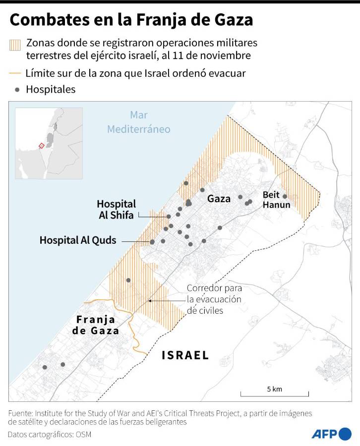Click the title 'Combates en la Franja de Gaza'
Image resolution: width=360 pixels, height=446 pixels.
coord(131,20)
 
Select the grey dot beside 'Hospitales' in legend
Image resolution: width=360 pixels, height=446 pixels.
coord(18,90)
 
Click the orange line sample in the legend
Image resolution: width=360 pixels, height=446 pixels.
coord(15,73)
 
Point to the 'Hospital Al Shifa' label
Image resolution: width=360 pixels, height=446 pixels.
coord(116,209)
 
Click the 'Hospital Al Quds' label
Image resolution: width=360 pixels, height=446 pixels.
coord(78,240)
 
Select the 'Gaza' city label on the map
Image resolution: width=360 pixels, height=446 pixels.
coord(219,199)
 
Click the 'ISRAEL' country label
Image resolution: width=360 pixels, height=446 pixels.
coord(185,355)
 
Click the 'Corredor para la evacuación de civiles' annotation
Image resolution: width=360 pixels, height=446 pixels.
coord(214,299)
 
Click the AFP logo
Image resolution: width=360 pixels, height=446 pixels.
coord(331,434)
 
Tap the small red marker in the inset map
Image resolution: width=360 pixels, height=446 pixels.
coord(41,145)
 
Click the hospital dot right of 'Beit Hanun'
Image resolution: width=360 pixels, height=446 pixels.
coord(285,196)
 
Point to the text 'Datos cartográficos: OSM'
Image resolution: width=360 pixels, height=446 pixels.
coord(50,435)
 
